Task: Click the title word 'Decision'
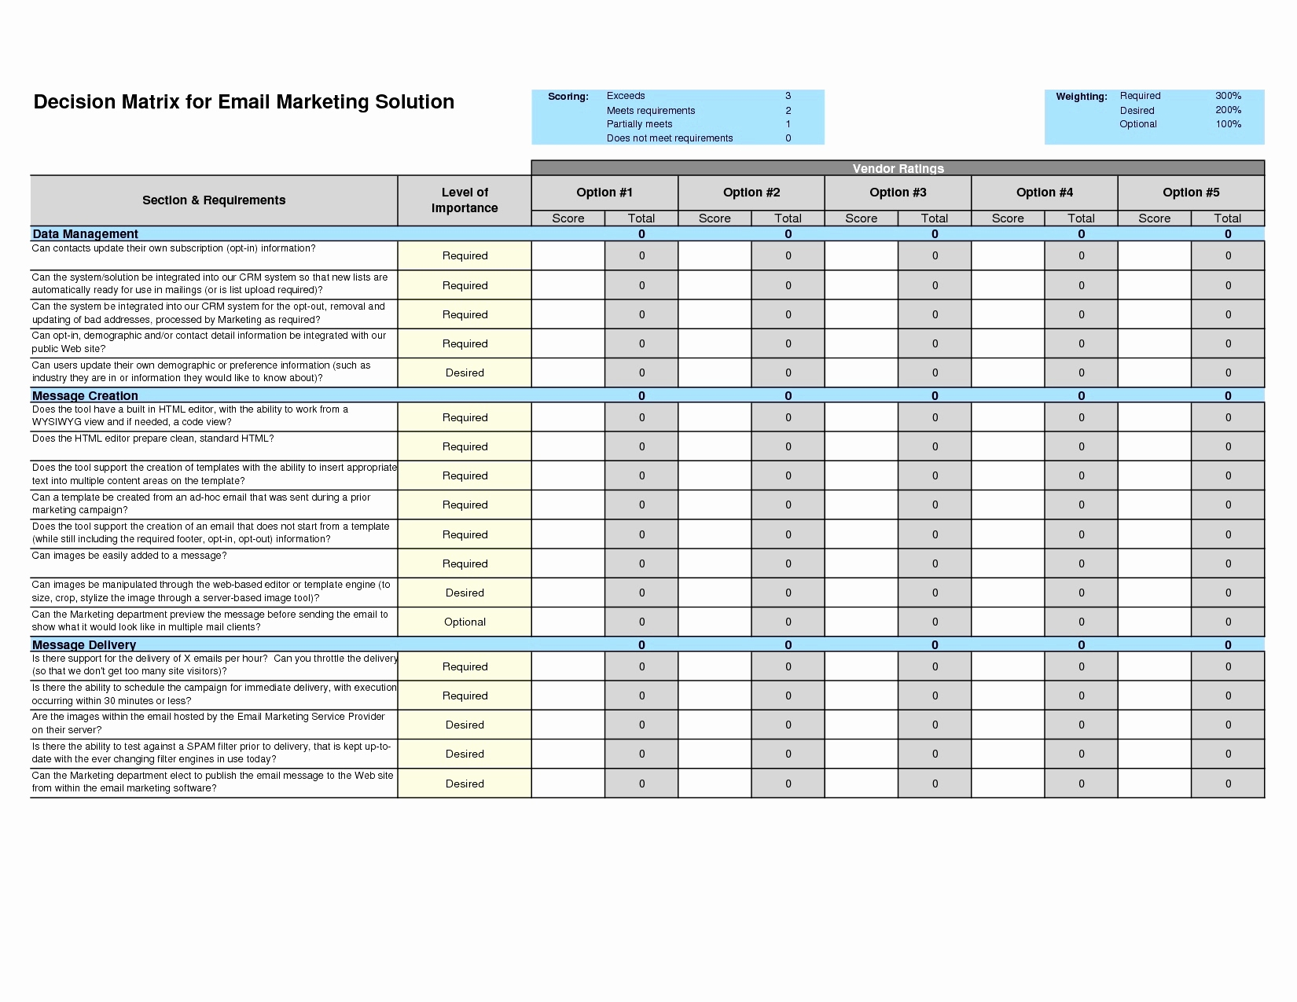point(74,102)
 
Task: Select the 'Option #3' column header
point(898,193)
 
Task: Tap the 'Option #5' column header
point(1191,193)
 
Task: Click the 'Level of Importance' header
point(465,200)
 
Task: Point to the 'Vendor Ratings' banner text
point(898,168)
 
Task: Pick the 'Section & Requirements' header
point(214,200)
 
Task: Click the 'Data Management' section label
point(85,234)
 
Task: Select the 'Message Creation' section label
point(85,396)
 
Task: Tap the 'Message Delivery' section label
point(84,645)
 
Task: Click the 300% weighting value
point(1228,96)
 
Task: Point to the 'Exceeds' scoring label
point(626,96)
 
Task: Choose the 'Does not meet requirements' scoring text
point(670,138)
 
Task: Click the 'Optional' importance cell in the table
point(465,622)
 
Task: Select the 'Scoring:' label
point(568,97)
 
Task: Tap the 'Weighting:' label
point(1081,97)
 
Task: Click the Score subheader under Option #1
point(568,218)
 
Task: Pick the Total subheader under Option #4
point(1081,218)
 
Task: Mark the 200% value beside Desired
point(1228,110)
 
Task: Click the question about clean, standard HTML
point(152,439)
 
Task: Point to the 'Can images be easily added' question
point(129,556)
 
